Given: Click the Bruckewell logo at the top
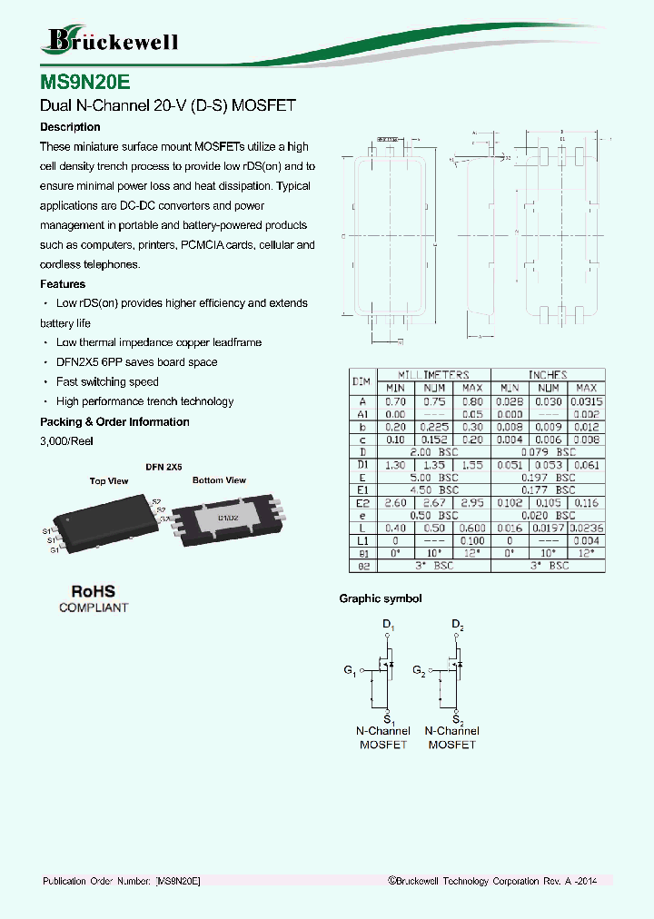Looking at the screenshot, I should (x=111, y=41).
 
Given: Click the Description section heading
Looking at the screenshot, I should (x=70, y=127).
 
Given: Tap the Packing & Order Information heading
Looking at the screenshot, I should (x=114, y=421).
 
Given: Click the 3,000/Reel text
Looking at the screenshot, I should (x=66, y=441).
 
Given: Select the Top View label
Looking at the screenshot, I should (x=109, y=481).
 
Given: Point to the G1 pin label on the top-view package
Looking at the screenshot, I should (x=54, y=550).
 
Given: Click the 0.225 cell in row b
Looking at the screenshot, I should (x=435, y=426).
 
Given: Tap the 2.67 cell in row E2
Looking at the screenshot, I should (x=435, y=502).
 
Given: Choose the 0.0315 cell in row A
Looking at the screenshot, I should (x=587, y=400).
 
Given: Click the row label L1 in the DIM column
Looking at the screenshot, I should (x=362, y=540).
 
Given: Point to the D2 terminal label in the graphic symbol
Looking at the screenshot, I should (x=457, y=627).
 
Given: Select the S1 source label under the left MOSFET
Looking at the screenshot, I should (x=388, y=717).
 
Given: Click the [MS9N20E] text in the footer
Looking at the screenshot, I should (x=177, y=882).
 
